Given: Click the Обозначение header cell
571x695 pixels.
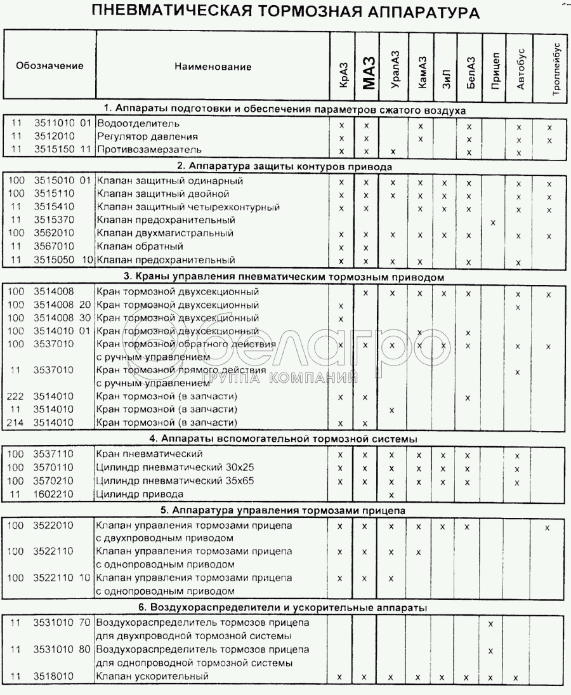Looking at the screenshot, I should [x=49, y=66].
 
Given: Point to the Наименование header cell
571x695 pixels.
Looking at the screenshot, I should [x=213, y=67].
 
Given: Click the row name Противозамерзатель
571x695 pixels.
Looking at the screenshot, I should [x=148, y=150].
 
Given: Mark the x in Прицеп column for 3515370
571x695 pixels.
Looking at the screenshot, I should [x=494, y=222].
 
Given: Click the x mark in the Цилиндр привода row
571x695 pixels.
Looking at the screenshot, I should [x=391, y=494].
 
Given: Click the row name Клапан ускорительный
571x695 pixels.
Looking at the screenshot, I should [x=152, y=677].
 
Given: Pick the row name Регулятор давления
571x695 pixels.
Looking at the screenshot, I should [x=147, y=136].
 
